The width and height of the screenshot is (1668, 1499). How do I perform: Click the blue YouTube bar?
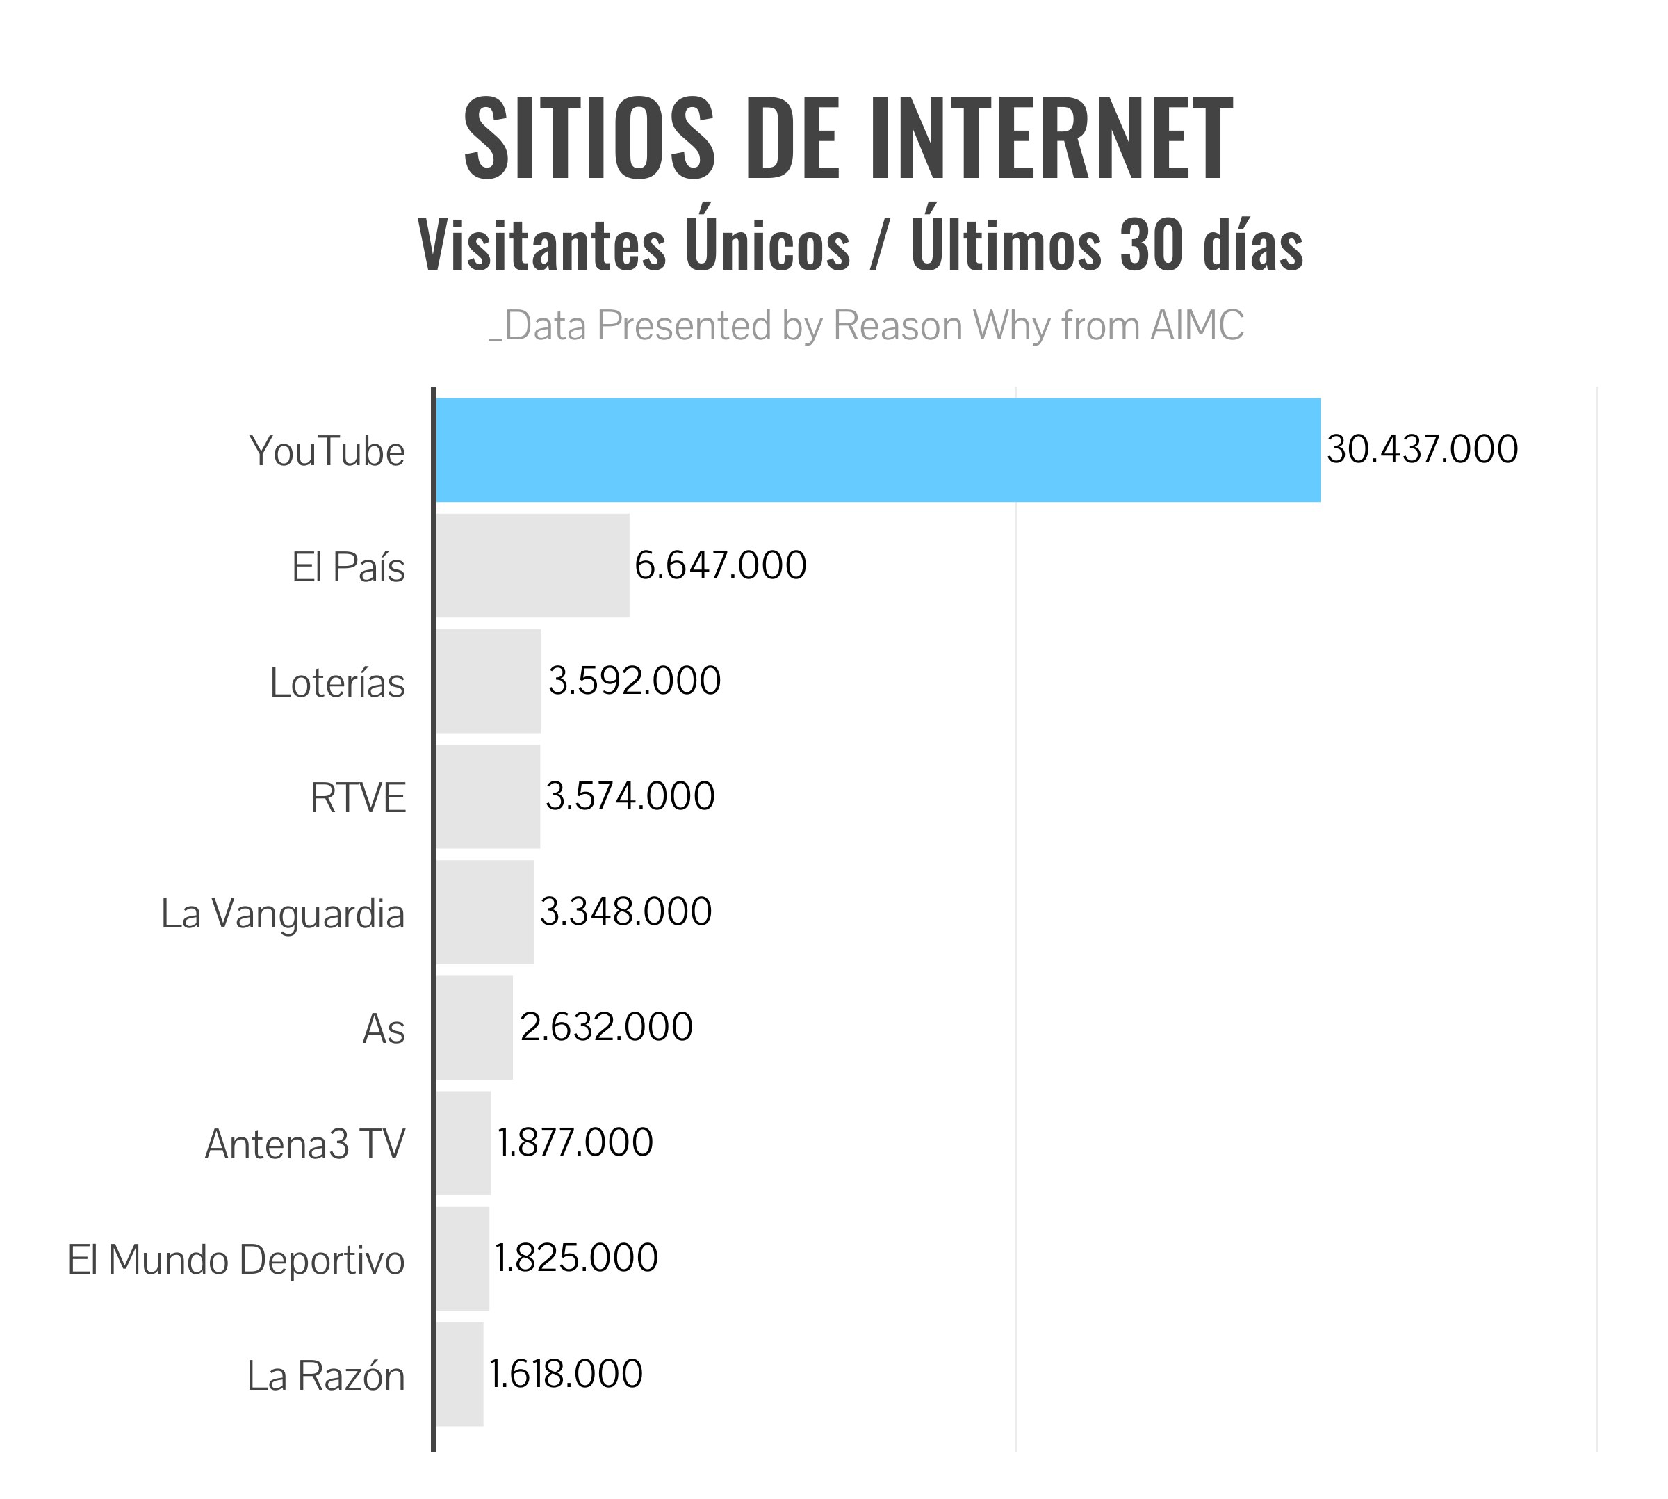878,450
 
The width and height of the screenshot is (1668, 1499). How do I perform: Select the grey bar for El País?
532,565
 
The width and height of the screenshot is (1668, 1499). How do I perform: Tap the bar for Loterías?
488,681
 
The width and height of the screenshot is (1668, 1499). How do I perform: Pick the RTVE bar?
488,797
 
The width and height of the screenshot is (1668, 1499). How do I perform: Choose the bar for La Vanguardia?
485,911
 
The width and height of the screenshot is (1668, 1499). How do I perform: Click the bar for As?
474,1027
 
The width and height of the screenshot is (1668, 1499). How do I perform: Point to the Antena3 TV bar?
464,1142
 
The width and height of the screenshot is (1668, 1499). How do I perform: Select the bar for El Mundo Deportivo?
463,1258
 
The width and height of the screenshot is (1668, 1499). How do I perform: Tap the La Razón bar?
459,1374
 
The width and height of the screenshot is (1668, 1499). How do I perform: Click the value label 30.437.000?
1422,450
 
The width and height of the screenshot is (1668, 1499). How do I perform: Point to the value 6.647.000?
721,566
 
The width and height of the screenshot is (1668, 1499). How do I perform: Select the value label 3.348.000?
625,911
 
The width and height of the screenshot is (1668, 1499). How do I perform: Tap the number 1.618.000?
566,1374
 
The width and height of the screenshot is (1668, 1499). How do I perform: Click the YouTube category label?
327,451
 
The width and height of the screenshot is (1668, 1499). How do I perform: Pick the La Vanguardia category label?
282,914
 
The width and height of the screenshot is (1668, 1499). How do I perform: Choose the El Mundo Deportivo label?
236,1259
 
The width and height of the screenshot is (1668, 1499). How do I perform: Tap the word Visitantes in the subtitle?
541,245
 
